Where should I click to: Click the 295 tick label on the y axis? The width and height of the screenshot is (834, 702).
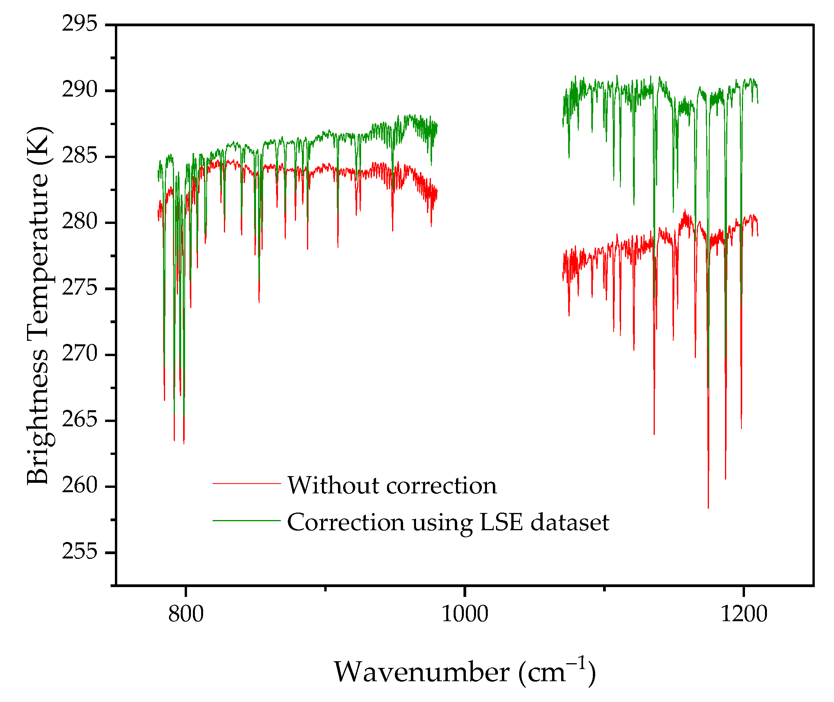(80, 24)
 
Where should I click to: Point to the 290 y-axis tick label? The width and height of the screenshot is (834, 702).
(80, 90)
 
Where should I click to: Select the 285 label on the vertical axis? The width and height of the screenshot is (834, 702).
(80, 156)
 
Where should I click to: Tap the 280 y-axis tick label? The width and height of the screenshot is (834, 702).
(80, 222)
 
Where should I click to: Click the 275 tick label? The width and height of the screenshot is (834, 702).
(80, 288)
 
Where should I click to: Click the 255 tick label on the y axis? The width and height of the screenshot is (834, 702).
(80, 551)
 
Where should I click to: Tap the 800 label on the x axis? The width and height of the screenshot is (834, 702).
(186, 614)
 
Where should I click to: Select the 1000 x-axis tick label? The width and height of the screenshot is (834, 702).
(465, 614)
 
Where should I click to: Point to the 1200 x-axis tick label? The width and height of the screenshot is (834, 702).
(744, 614)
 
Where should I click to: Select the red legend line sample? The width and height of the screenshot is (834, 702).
(247, 484)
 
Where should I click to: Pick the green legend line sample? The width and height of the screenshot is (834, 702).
(247, 520)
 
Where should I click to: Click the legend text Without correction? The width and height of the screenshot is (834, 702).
(392, 486)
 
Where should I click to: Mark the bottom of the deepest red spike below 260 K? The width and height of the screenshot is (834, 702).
(708, 507)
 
